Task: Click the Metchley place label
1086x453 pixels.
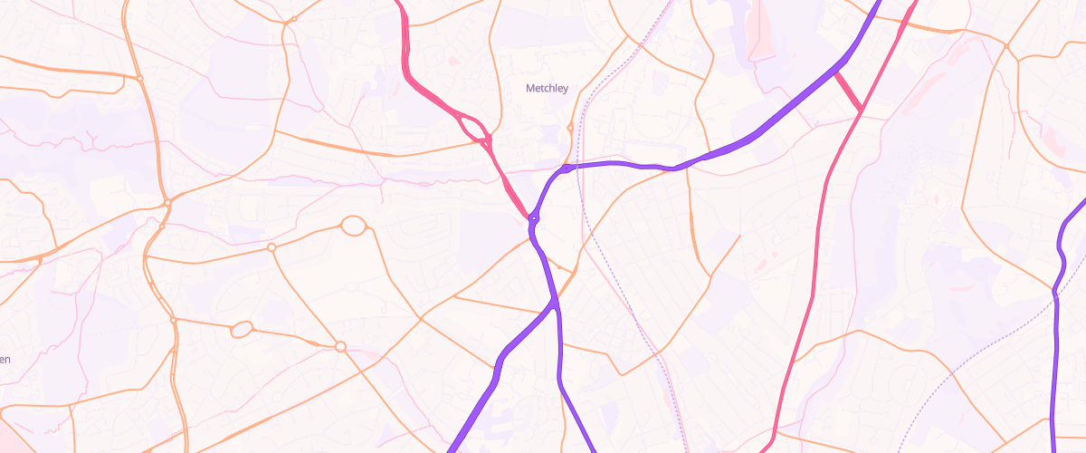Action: click(547, 88)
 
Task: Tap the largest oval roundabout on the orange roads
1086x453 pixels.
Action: click(353, 226)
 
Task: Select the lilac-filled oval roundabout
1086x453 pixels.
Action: click(241, 330)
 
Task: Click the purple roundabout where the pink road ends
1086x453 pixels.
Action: click(534, 218)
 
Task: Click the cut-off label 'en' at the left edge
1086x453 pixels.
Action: click(5, 360)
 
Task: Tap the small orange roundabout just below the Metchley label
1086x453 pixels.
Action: click(569, 128)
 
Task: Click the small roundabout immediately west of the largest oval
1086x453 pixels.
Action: click(271, 247)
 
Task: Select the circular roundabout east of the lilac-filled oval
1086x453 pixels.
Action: click(340, 346)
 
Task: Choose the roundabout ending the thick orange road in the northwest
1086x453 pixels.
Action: click(140, 79)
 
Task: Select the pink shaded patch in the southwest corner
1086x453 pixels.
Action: click(27, 444)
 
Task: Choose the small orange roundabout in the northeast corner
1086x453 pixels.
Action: click(1005, 45)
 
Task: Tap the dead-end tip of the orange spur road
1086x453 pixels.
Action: click(740, 236)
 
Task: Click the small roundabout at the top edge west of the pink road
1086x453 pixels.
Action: click(294, 19)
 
